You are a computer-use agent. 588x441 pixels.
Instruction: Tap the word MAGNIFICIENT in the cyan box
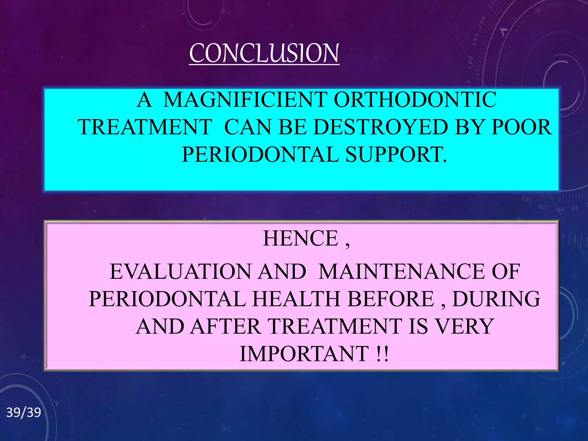[x=245, y=100]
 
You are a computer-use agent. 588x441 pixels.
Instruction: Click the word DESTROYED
[x=380, y=127]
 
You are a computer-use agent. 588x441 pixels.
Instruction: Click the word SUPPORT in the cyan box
[x=396, y=155]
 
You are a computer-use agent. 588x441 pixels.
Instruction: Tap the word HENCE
[x=301, y=238]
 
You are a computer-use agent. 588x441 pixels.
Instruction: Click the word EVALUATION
[x=180, y=272]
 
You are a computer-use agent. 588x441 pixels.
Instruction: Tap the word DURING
[x=496, y=299]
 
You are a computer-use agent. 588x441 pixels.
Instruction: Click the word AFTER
[x=225, y=327]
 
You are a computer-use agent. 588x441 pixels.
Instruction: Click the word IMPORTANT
[x=304, y=354]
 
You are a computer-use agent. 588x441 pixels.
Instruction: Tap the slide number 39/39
[x=24, y=413]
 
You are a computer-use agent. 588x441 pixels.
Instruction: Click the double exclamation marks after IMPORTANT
[x=382, y=354]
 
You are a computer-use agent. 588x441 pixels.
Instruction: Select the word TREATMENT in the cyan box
[x=145, y=127]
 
